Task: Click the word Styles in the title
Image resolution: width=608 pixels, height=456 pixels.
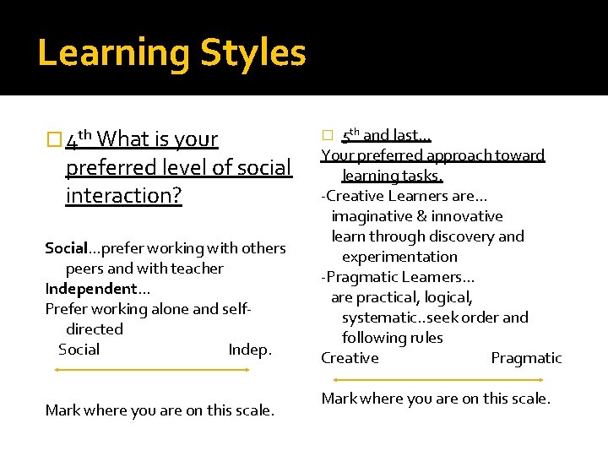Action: coord(252,52)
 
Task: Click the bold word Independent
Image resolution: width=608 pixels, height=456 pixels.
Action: coord(87,289)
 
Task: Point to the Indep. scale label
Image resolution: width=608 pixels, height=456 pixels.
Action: coord(250,350)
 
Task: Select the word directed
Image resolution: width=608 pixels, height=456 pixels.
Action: coord(95,329)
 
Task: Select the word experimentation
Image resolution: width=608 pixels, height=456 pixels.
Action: coord(399,257)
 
